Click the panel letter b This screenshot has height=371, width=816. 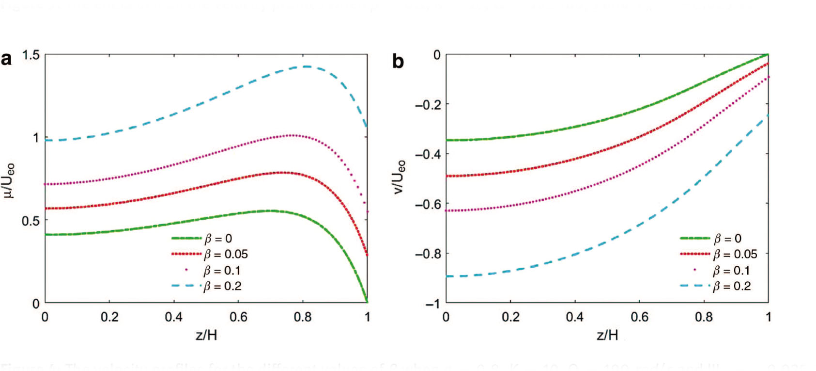coord(398,62)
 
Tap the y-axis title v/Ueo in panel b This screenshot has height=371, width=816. coord(400,177)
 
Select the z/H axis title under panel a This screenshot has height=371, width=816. coord(206,335)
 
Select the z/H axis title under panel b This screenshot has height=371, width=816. coord(607,335)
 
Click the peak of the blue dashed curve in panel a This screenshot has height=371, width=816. coord(306,66)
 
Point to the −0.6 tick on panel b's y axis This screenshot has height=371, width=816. coord(428,204)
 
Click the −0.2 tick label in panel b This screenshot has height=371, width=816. coord(428,105)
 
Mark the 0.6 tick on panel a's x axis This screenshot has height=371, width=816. coord(238,317)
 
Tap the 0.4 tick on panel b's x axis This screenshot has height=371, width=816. coord(575,317)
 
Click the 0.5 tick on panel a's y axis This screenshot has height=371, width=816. coord(30,221)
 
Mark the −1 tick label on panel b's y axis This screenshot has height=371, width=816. coord(432,304)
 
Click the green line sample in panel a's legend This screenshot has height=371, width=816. coord(186,238)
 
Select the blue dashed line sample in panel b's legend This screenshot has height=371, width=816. coord(695,286)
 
